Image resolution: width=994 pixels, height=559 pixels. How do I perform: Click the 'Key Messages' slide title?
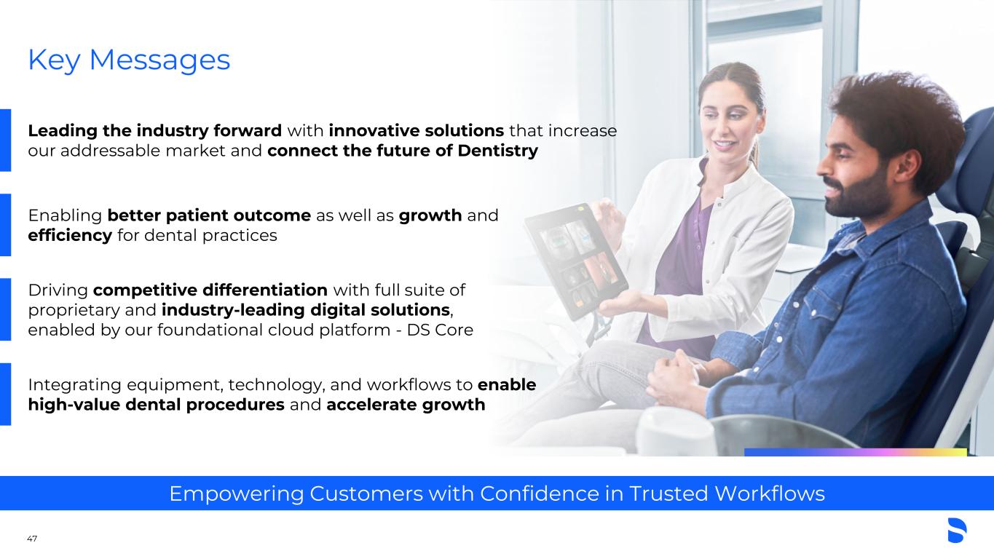[129, 60]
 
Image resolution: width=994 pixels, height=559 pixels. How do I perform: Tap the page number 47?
[32, 539]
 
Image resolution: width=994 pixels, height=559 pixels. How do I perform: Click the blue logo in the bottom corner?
[957, 530]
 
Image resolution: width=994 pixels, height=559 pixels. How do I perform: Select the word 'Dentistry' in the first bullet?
[498, 151]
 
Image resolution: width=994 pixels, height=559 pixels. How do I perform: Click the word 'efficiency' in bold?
[70, 236]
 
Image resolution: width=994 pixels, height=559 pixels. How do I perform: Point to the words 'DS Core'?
[440, 330]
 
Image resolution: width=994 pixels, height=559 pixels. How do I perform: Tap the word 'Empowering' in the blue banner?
[237, 493]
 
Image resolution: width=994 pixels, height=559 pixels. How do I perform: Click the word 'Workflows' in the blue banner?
[770, 493]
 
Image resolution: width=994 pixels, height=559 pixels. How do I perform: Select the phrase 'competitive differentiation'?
[210, 290]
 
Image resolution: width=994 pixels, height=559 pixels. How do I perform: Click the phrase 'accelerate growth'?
[406, 405]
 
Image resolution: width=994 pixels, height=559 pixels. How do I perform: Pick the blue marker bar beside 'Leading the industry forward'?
[5, 140]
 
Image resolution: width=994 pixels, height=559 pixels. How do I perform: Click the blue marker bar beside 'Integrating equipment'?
[5, 395]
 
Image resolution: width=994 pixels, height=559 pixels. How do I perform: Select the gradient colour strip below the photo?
[856, 452]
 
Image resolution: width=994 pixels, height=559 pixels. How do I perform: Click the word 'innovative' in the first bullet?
[374, 131]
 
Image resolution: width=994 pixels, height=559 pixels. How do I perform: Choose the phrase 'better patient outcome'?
[209, 215]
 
